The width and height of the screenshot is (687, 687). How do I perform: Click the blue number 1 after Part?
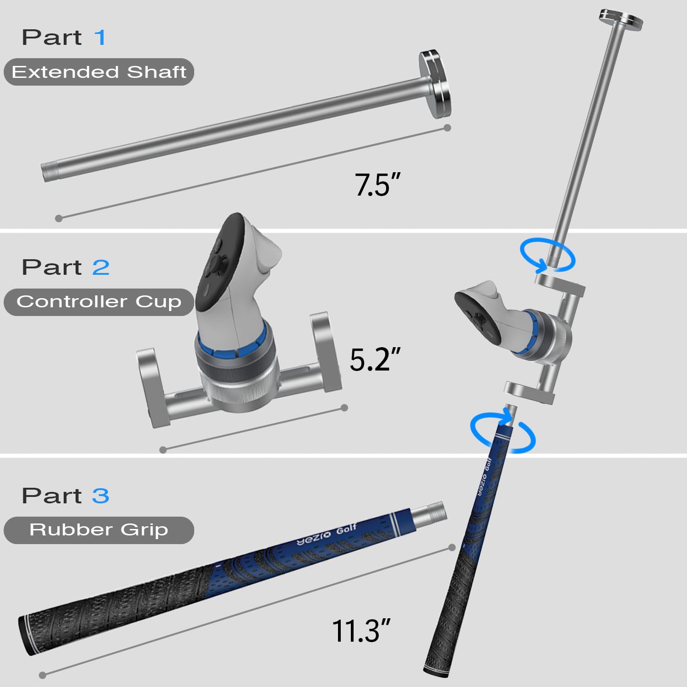100,38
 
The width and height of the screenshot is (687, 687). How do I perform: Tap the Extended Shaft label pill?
99,72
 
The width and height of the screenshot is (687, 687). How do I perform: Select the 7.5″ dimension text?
377,185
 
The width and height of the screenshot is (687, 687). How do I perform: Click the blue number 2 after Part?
101,267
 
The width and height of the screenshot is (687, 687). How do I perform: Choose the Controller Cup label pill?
99,302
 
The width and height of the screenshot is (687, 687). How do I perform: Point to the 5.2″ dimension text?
375,360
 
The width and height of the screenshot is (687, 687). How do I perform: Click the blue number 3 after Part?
100,496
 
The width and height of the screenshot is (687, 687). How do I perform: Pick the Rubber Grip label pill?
99,530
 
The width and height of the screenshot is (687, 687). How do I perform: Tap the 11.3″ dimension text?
361,631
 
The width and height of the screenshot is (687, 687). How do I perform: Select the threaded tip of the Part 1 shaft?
49,172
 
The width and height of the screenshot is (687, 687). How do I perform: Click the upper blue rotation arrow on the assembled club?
547,255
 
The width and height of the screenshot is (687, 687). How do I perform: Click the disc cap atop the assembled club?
621,19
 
